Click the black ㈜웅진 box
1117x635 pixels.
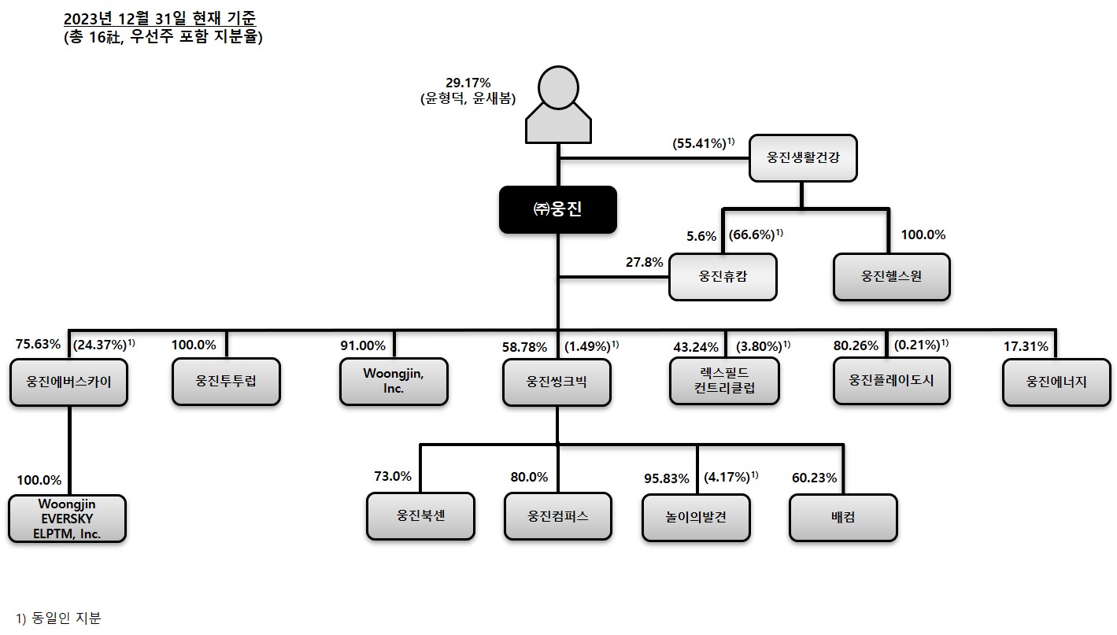pyautogui.click(x=557, y=209)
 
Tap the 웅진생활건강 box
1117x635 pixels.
pyautogui.click(x=802, y=157)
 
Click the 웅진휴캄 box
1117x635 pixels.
pyautogui.click(x=723, y=277)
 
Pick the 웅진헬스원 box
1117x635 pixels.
pyautogui.click(x=891, y=277)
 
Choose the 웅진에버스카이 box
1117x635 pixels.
pyautogui.click(x=69, y=382)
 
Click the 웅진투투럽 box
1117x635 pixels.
pyautogui.click(x=226, y=382)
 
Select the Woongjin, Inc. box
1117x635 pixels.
pyautogui.click(x=394, y=382)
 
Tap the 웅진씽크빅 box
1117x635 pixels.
pyautogui.click(x=557, y=382)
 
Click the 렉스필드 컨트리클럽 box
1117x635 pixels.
pyautogui.click(x=724, y=382)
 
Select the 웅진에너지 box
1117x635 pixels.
pyautogui.click(x=1056, y=382)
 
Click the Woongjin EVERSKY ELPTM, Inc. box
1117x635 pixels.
pyautogui.click(x=68, y=519)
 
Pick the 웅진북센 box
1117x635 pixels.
pyautogui.click(x=420, y=516)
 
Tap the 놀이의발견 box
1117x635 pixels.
pyautogui.click(x=696, y=517)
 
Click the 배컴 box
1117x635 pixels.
pyautogui.click(x=843, y=517)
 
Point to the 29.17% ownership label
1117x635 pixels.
pyautogui.click(x=468, y=82)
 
